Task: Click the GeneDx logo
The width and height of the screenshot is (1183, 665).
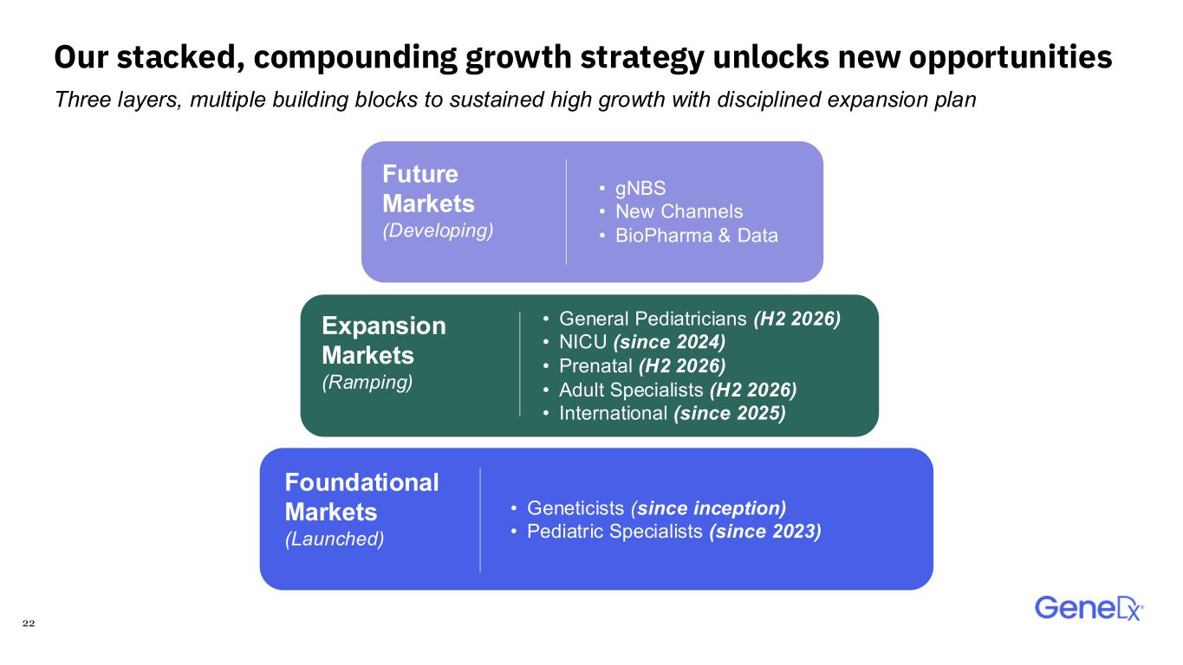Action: pos(1089,609)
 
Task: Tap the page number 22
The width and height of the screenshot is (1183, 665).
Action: pos(29,623)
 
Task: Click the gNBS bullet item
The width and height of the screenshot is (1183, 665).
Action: pos(633,189)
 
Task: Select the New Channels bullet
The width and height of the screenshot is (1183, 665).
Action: pos(672,211)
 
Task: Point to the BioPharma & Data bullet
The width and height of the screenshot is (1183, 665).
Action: pos(689,236)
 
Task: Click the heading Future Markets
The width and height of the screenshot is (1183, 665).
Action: pos(428,189)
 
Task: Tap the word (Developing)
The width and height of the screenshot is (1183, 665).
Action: pos(438,230)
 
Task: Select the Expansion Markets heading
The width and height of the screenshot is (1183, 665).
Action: pos(384,340)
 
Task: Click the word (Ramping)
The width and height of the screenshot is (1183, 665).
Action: pos(367,382)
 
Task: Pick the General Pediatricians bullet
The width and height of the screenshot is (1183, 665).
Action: pos(692,319)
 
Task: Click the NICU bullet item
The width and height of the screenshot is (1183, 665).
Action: pos(634,342)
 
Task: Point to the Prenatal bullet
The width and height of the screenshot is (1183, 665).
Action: pos(634,365)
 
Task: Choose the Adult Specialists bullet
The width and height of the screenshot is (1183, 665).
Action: pos(670,390)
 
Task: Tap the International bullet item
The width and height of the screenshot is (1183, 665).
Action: pos(665,413)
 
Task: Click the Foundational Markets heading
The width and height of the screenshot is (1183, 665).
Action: pos(361,497)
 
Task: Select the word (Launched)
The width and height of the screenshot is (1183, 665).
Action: pos(335,539)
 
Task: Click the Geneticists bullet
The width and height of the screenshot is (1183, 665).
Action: pos(648,508)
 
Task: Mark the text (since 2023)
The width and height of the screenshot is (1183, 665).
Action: pos(765,532)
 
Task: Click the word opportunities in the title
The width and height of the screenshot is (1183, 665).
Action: pos(1011,57)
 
